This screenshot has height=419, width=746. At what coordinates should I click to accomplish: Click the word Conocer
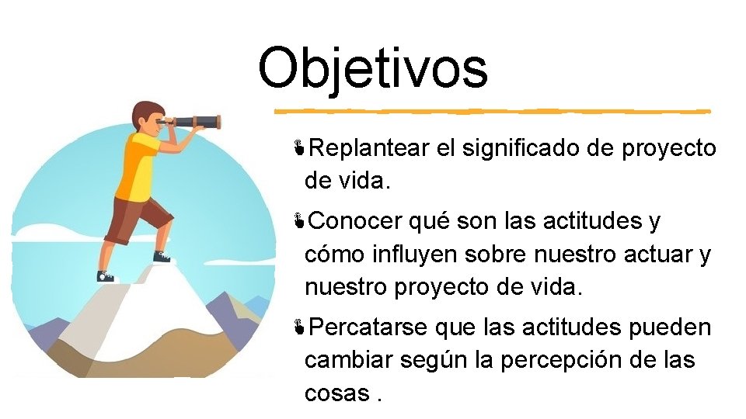pyautogui.click(x=356, y=222)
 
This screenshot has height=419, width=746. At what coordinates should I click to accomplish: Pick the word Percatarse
pyautogui.click(x=368, y=327)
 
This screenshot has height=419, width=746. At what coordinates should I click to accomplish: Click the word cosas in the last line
pyautogui.click(x=337, y=393)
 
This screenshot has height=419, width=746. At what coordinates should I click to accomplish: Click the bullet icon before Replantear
pyautogui.click(x=298, y=147)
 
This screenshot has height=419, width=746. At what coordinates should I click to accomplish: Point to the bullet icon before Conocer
pyautogui.click(x=298, y=222)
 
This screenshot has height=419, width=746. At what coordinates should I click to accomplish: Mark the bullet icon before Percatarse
pyautogui.click(x=298, y=327)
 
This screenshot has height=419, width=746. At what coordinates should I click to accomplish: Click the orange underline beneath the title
pyautogui.click(x=490, y=110)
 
